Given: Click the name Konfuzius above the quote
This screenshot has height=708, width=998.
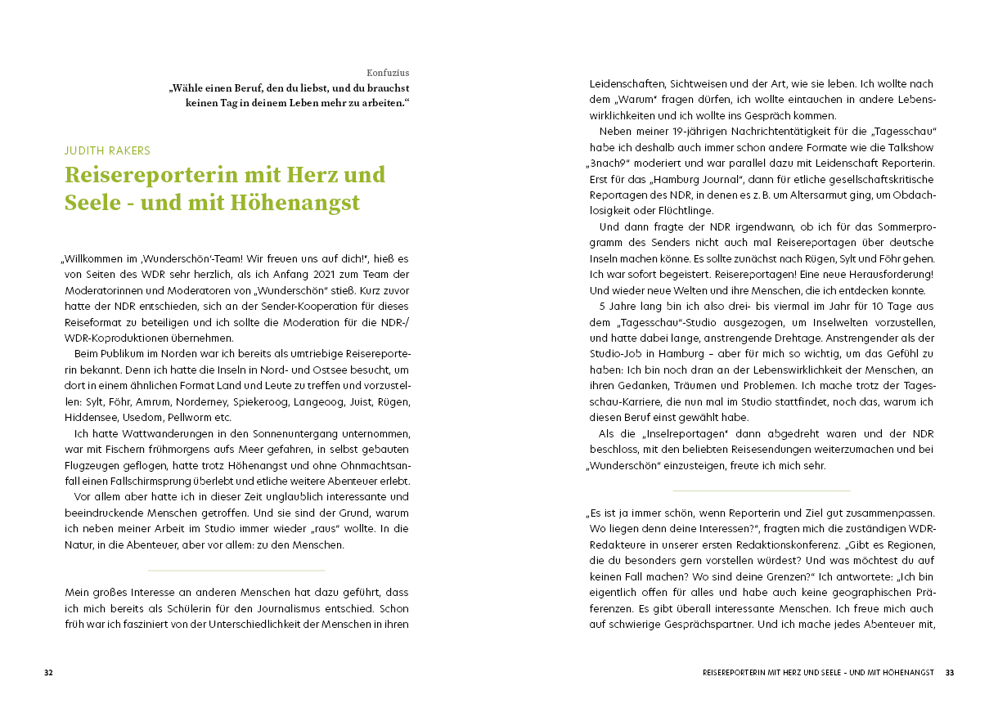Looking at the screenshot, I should (389, 73).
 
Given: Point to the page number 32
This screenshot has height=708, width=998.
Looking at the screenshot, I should (48, 673).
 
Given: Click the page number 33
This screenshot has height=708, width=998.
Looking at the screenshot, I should (949, 673).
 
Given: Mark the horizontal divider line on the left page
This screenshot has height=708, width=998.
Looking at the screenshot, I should (236, 570).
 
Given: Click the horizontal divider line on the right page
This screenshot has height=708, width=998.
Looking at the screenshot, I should (761, 491).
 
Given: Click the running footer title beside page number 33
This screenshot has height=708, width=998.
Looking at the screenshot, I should (818, 673).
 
